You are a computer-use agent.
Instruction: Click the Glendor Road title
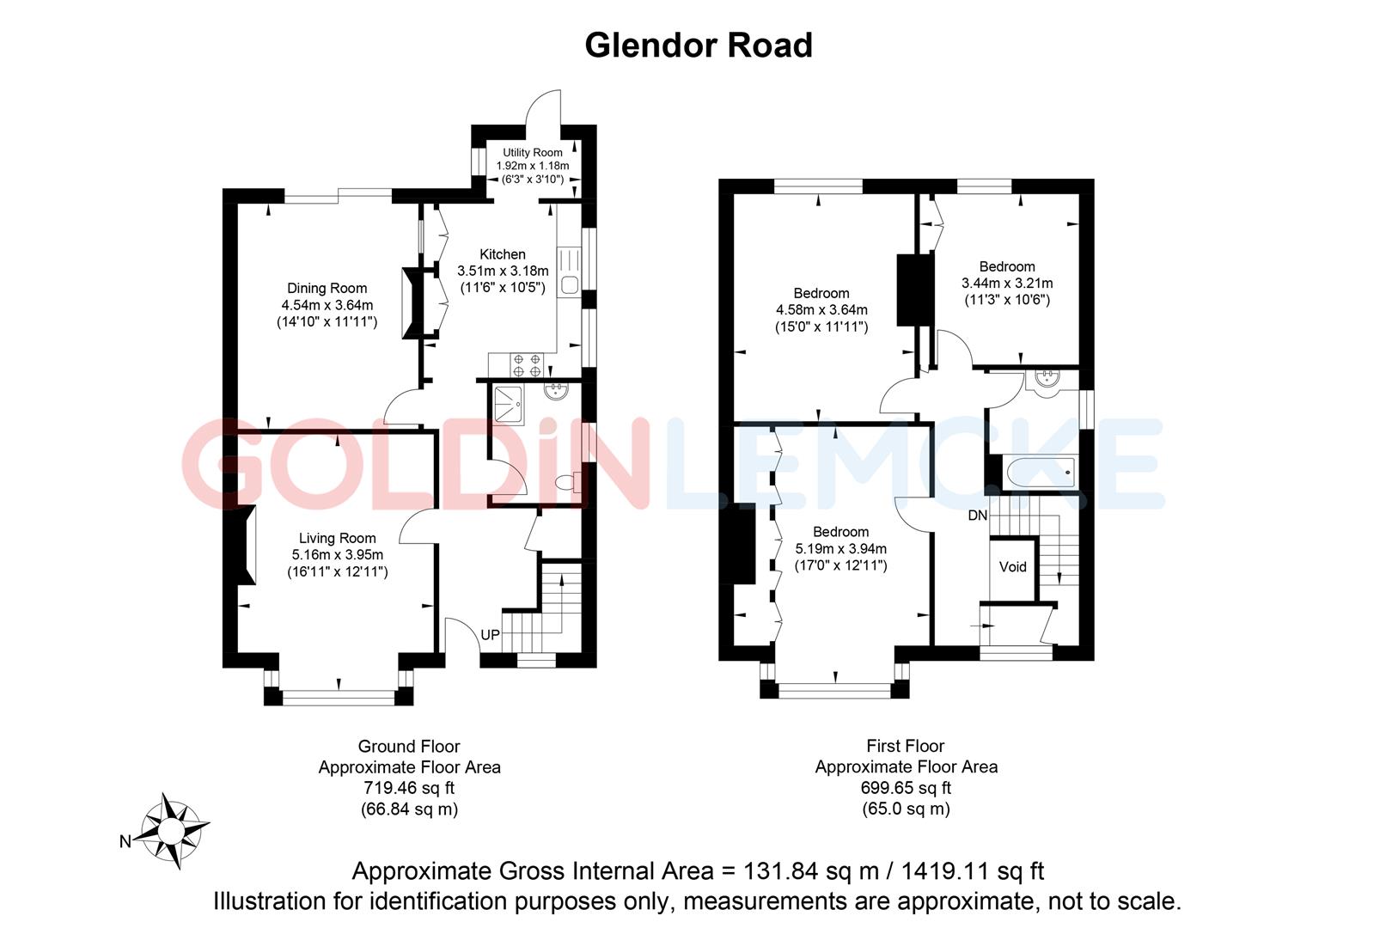698,45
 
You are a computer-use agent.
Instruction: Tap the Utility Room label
533,153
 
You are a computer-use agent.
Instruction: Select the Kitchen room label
503,254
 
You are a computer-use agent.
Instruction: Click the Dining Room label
327,289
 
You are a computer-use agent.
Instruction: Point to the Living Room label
337,539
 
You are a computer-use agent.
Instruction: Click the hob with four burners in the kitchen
526,365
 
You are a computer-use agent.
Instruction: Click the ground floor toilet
566,483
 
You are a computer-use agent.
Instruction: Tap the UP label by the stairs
490,635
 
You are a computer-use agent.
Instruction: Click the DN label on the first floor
978,516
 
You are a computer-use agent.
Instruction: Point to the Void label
1013,567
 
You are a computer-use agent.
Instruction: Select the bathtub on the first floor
1041,472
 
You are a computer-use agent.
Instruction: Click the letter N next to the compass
125,841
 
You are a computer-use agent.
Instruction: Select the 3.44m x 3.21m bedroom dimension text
1007,283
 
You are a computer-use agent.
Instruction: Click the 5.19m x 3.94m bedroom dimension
840,548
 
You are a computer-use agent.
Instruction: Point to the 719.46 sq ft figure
409,788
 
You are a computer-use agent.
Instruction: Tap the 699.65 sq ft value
906,788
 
